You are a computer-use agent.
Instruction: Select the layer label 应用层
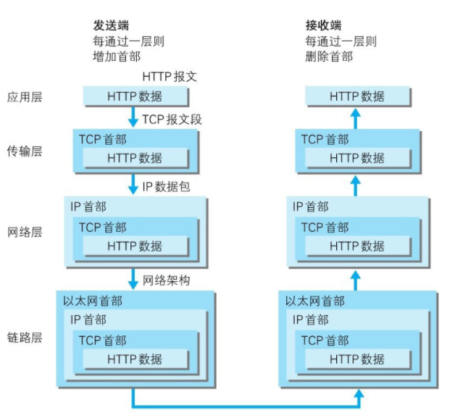click(25, 96)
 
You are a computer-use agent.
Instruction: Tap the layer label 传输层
click(25, 151)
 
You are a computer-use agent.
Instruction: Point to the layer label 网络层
click(25, 233)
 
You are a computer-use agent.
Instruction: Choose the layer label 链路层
click(25, 338)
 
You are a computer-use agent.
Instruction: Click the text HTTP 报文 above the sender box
click(170, 77)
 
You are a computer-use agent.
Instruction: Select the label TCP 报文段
click(172, 119)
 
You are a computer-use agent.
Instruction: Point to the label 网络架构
click(166, 280)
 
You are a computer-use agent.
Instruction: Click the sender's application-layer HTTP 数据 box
click(135, 96)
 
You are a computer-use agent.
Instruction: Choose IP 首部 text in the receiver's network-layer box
click(310, 207)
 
